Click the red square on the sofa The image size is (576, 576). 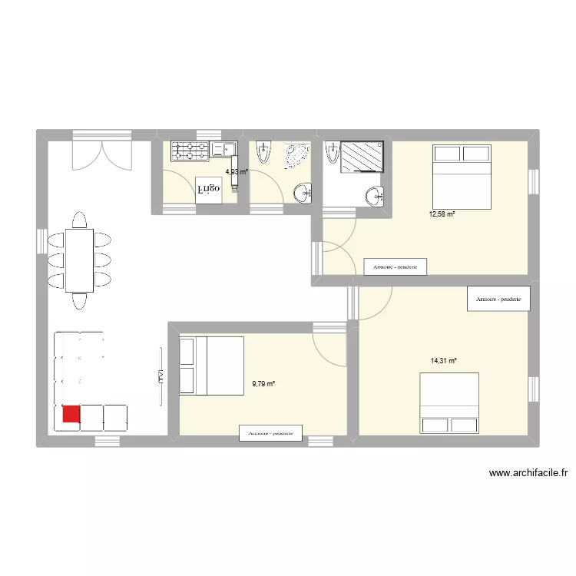(70, 415)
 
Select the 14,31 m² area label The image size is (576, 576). (444, 360)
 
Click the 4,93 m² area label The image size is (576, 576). (237, 172)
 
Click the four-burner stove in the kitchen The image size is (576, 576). (190, 151)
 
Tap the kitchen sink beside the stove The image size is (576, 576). (223, 150)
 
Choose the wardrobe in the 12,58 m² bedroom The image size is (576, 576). (395, 266)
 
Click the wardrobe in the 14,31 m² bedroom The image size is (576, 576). (498, 299)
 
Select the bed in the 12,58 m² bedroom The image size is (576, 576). (461, 176)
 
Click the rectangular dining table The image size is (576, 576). (79, 260)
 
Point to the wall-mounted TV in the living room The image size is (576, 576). (161, 376)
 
